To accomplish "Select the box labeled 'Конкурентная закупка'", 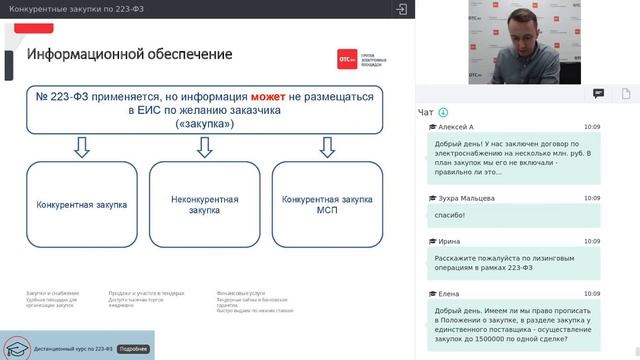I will tap(82, 204).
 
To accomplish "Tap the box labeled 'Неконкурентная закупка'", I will tap(204, 204).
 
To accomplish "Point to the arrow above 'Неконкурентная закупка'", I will tap(204, 147).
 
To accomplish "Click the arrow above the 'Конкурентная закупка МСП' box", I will tap(326, 147).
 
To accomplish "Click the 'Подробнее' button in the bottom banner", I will tap(133, 348).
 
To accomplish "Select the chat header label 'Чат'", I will tap(427, 112).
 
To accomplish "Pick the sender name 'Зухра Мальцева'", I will tap(465, 198).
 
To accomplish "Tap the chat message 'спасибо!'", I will tap(450, 215).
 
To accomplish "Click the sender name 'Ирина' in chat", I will tap(449, 241).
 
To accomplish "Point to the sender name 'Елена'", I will tap(449, 294).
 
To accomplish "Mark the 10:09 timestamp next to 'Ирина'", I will tap(592, 241).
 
